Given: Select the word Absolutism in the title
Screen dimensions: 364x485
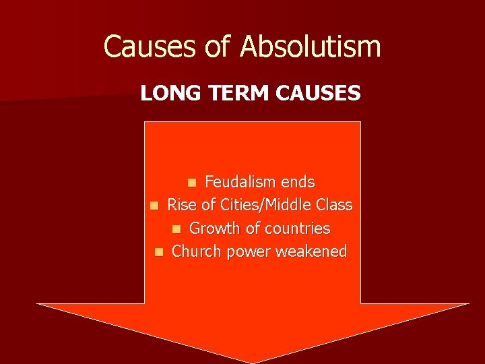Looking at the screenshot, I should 311,47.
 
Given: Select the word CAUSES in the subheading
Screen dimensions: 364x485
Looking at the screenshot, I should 318,93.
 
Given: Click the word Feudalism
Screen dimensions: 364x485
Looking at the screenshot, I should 240,182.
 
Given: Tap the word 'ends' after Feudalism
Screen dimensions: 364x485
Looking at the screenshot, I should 297,182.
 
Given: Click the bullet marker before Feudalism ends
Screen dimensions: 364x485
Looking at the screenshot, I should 193,183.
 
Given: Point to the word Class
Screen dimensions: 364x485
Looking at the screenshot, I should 335,205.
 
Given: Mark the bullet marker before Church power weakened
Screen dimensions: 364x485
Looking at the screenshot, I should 158,252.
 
